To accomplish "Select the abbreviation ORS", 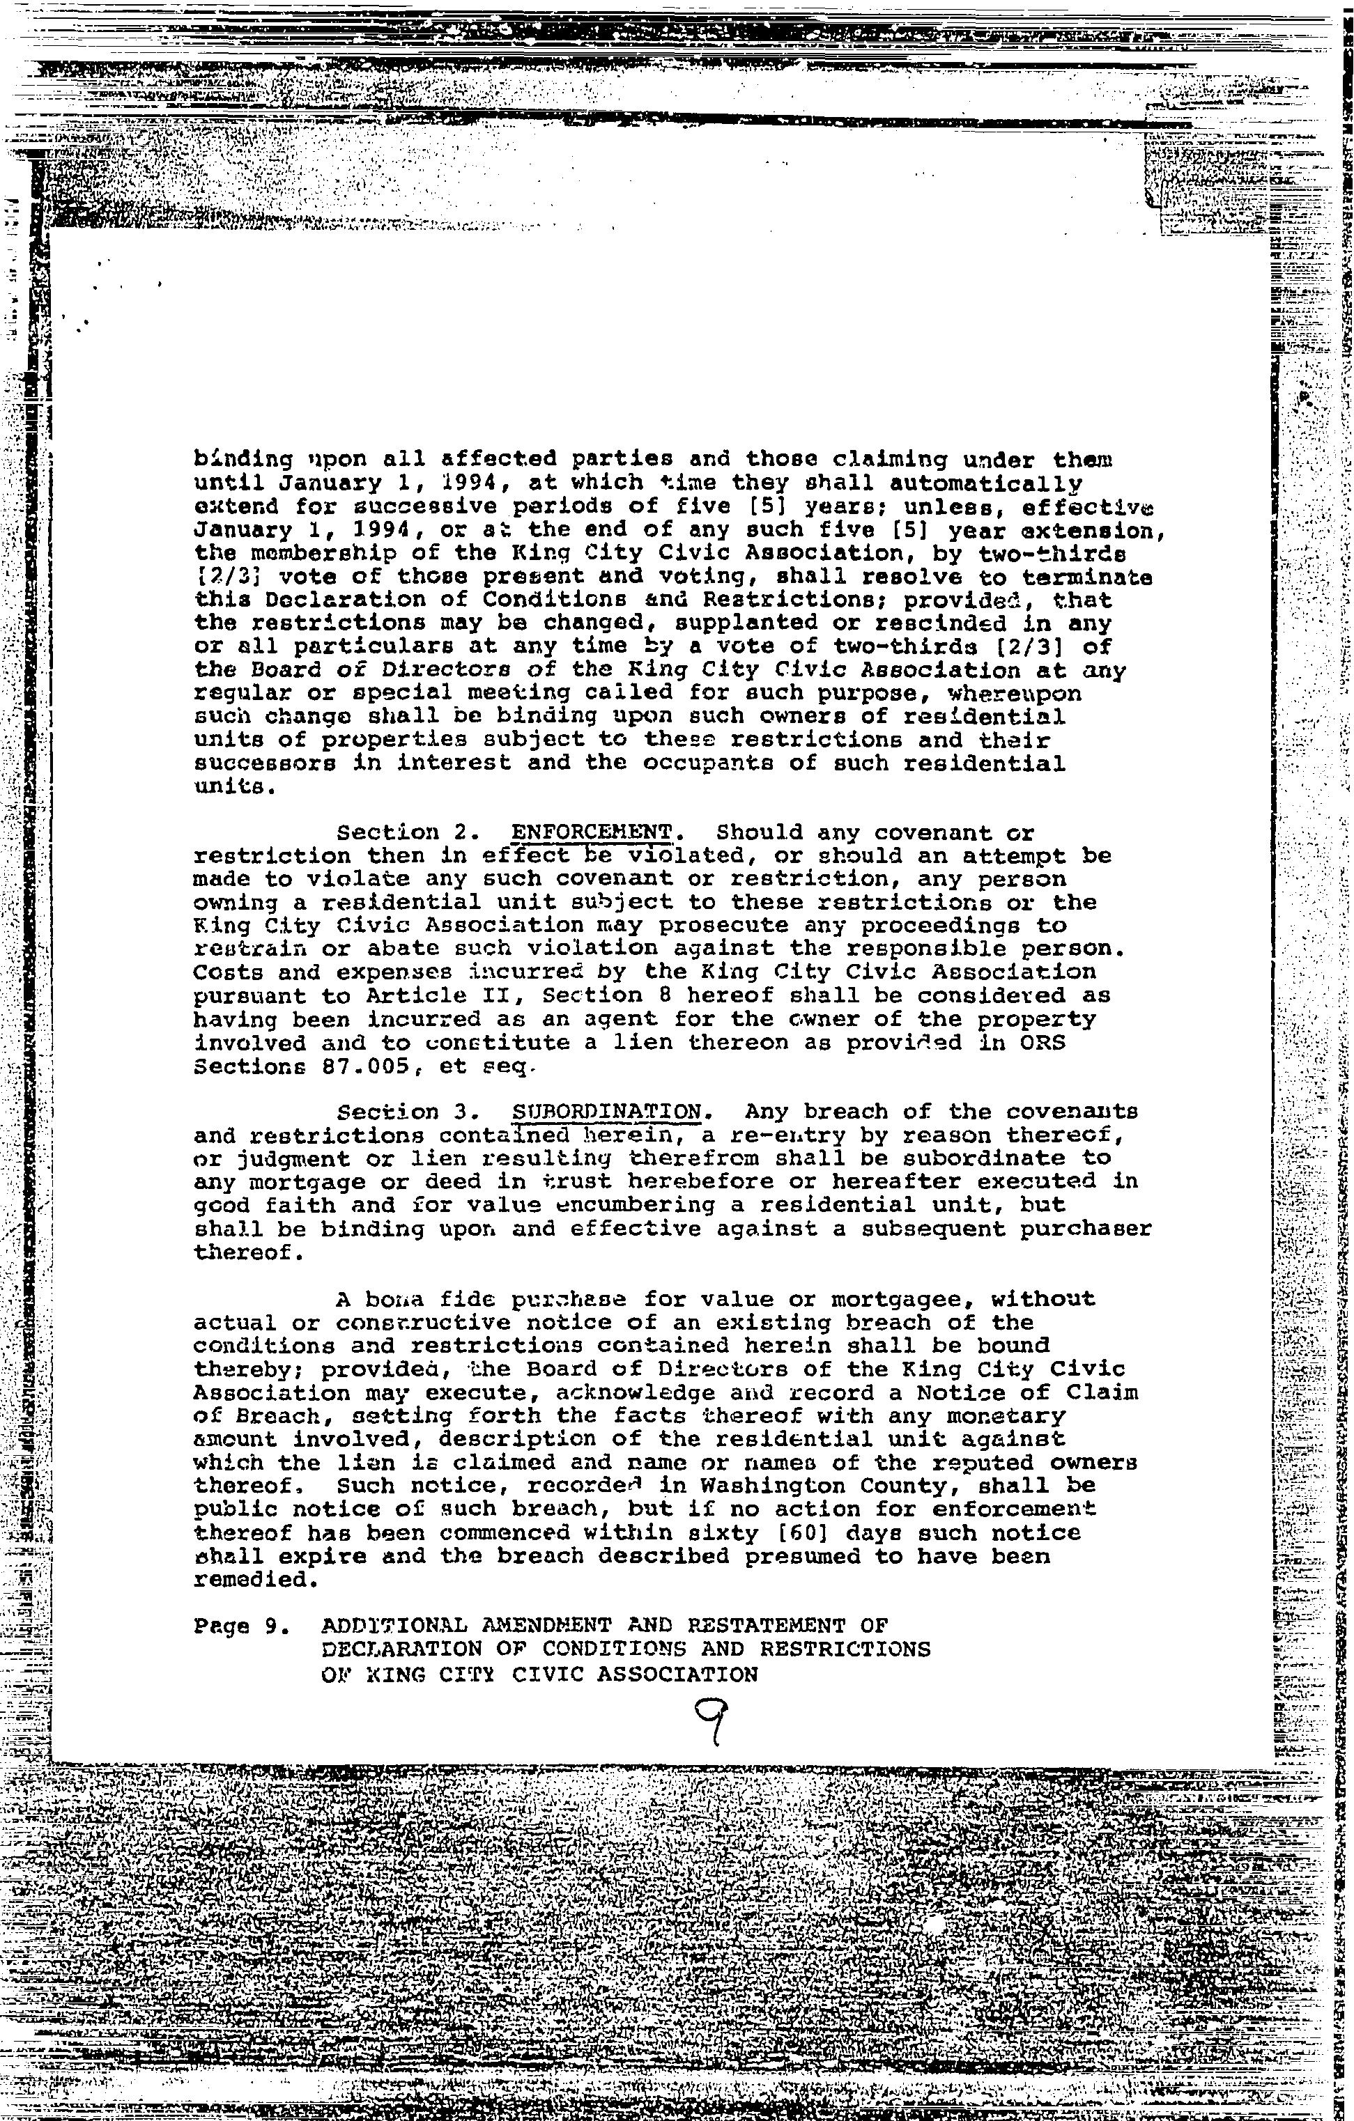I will tap(1043, 1043).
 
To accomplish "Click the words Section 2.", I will tap(388, 832).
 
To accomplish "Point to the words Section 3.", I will tap(388, 1112).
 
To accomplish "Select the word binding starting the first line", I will tap(237, 459).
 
